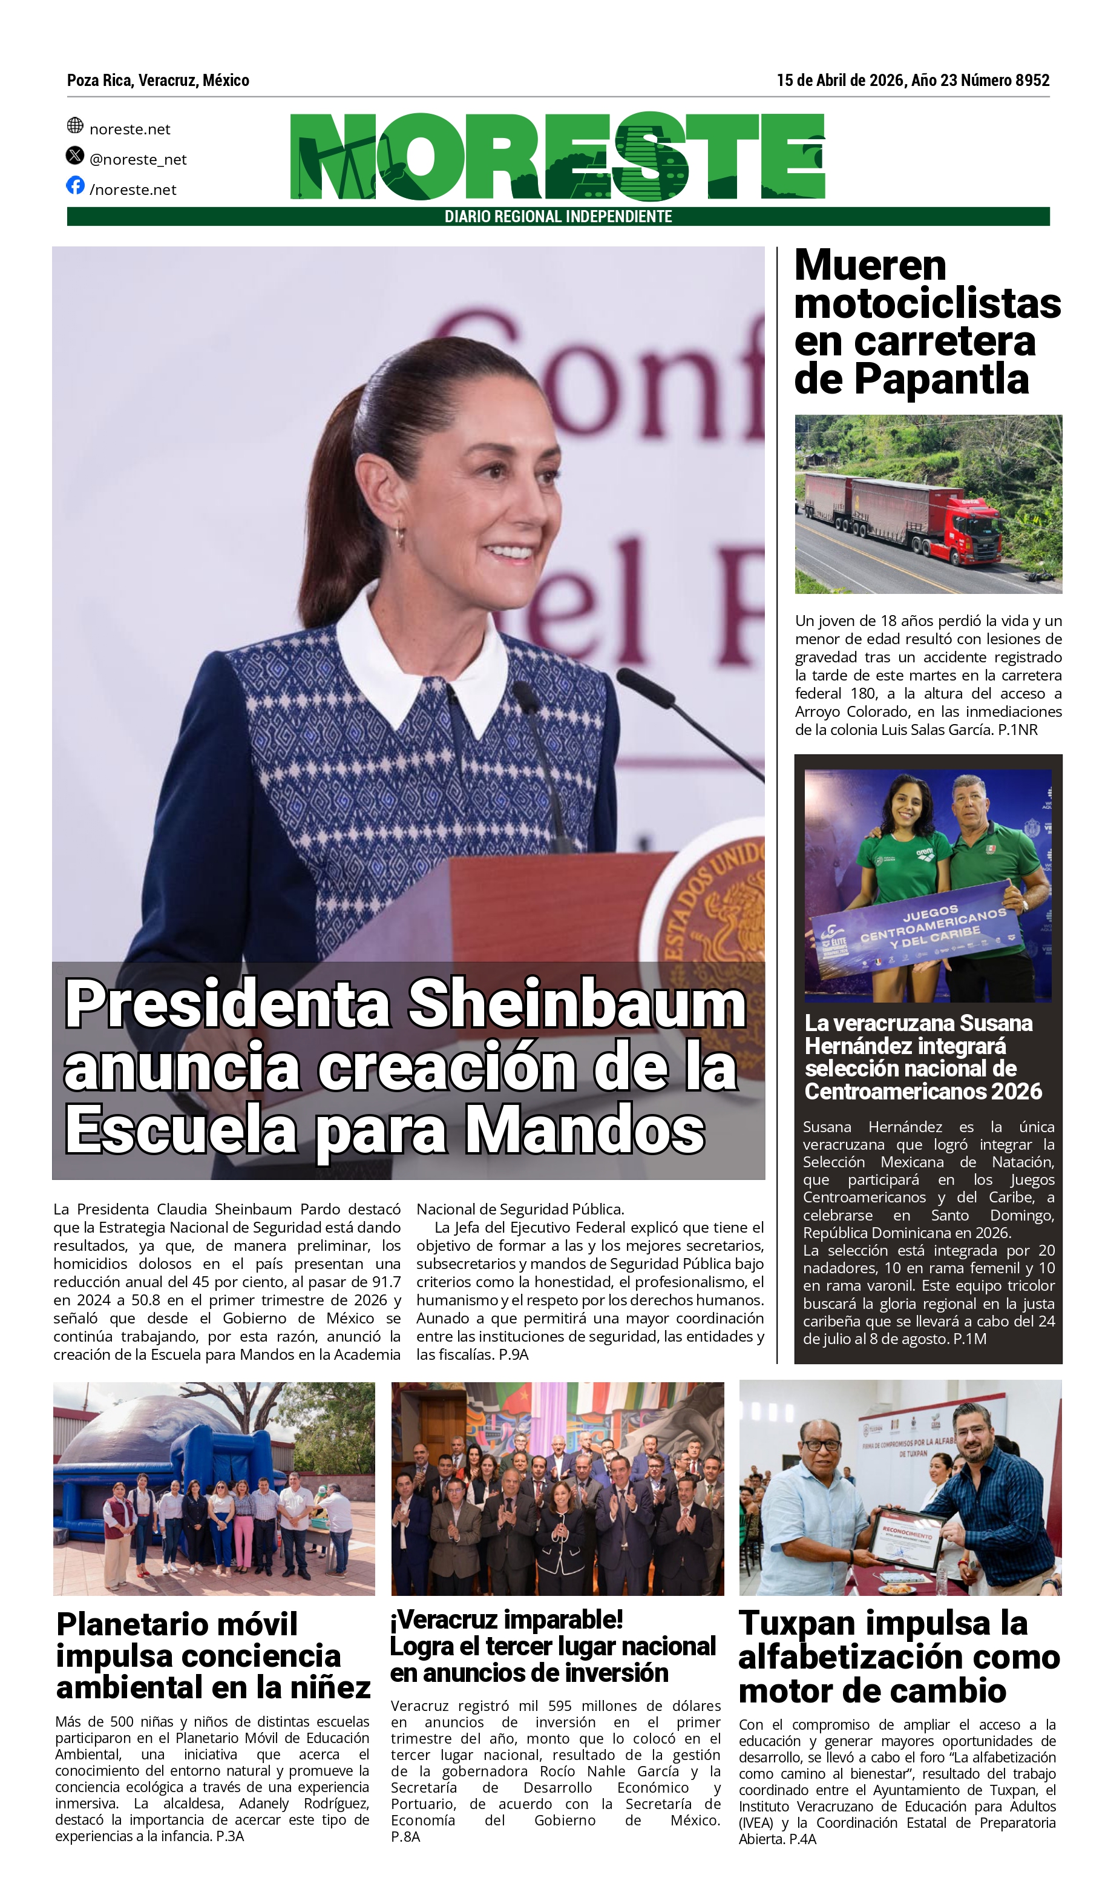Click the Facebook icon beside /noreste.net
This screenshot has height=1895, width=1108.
coord(75,185)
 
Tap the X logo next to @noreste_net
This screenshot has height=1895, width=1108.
coord(75,156)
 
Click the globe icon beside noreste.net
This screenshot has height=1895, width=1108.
coord(75,125)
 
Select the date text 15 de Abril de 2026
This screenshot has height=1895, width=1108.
coord(840,81)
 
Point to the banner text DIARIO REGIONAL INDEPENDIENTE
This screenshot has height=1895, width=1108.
coord(558,217)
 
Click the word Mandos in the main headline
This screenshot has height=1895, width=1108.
coord(585,1130)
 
